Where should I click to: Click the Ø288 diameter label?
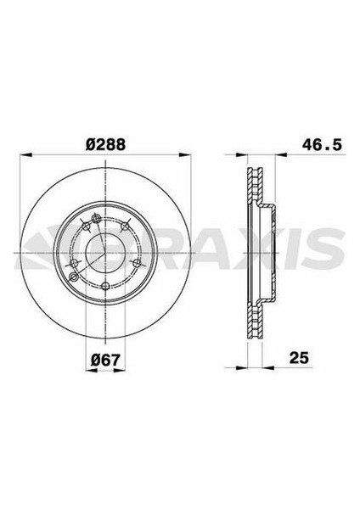point(103,145)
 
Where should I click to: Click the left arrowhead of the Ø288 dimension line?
point(23,156)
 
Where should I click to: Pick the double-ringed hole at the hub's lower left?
point(75,276)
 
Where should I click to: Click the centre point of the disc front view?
point(104,253)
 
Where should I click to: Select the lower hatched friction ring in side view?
point(250,318)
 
